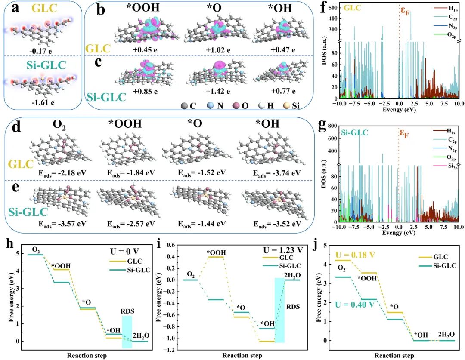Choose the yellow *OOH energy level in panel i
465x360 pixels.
coord(215,257)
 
